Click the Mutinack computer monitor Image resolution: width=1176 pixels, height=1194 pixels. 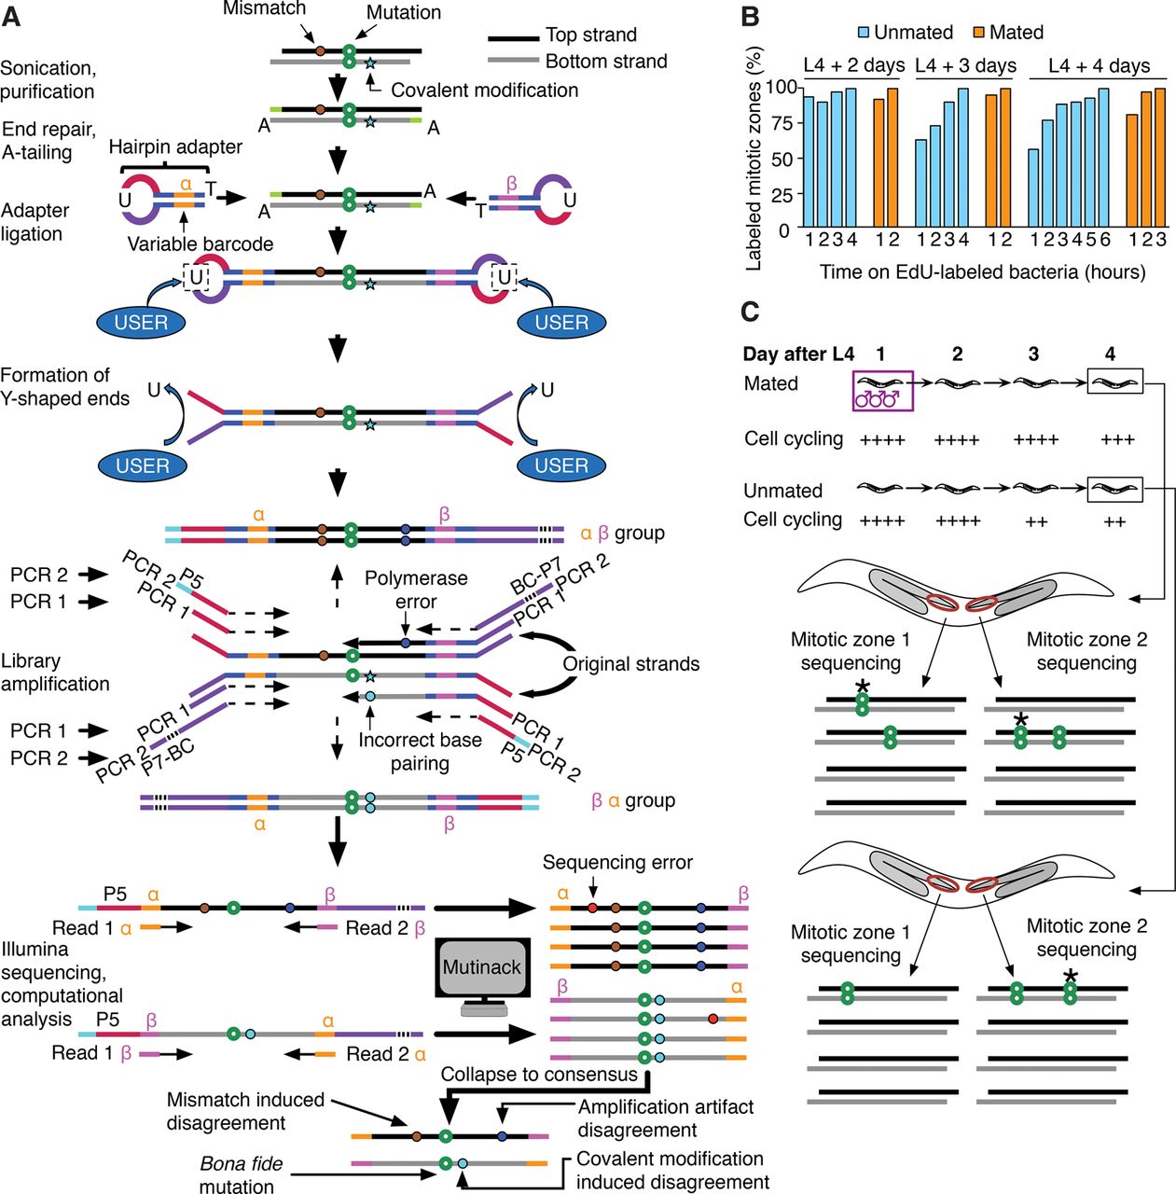pyautogui.click(x=481, y=968)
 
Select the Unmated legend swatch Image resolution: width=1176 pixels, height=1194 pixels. pyautogui.click(x=864, y=33)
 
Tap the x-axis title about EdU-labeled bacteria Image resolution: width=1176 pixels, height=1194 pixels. pyautogui.click(x=982, y=272)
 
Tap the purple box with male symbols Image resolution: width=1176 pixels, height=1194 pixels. pyautogui.click(x=882, y=390)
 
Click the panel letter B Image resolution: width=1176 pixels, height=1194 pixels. pyautogui.click(x=750, y=16)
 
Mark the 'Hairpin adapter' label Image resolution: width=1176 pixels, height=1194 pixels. pyautogui.click(x=175, y=147)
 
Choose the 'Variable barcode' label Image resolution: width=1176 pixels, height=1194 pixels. pyautogui.click(x=201, y=244)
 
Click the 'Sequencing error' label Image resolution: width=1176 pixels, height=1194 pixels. pyautogui.click(x=617, y=863)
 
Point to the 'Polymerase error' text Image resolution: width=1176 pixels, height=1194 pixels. pyautogui.click(x=416, y=590)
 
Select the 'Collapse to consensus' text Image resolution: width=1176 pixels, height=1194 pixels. pyautogui.click(x=539, y=1075)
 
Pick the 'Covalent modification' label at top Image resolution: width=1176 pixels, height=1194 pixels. pyautogui.click(x=484, y=90)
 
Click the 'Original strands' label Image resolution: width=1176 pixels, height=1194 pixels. pyautogui.click(x=630, y=664)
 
